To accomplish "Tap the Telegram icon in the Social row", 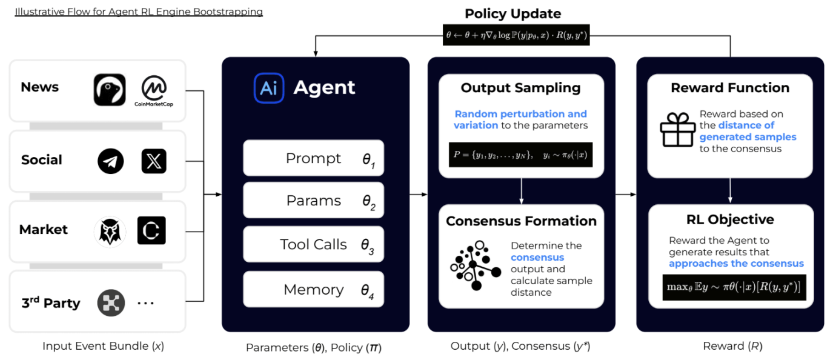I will coord(110,161).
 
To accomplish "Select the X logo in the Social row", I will coord(153,161).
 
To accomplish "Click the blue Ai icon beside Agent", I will coord(268,88).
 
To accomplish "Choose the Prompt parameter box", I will coord(313,159).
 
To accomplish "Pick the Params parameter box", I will coord(313,201).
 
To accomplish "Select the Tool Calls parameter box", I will coord(313,245).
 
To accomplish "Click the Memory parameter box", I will coord(313,290).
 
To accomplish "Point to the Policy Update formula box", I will coord(516,35).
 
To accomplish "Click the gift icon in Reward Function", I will coord(677,130).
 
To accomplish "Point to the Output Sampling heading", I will coord(520,88).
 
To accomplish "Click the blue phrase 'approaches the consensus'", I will coord(736,264).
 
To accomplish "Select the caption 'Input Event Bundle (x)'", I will coord(103,347).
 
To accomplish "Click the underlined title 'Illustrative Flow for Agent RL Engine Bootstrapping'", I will coord(139,12).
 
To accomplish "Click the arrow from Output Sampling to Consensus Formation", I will coord(521,191).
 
